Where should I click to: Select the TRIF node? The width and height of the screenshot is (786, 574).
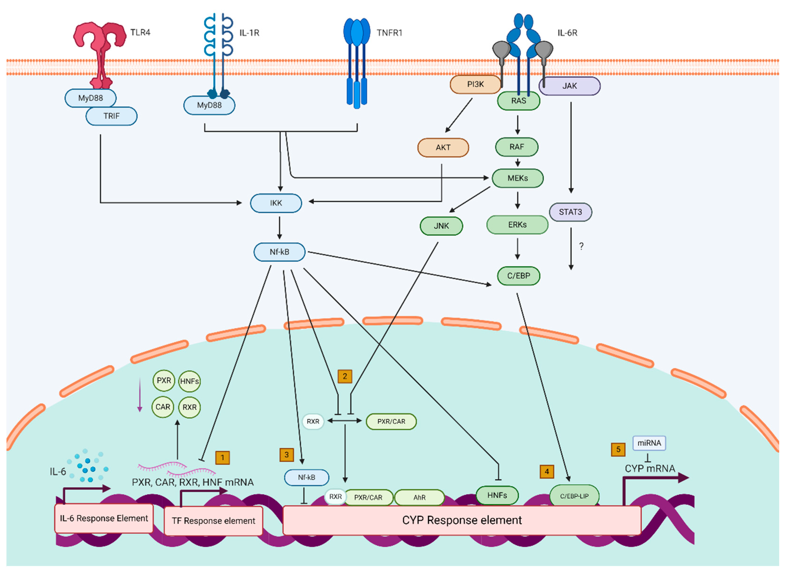tap(111, 116)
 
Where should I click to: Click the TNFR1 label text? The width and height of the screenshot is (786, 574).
tap(389, 33)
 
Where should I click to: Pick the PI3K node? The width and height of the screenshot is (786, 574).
tap(475, 84)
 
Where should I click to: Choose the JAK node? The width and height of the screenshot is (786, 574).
tap(569, 86)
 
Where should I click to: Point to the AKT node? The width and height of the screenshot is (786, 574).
tap(443, 147)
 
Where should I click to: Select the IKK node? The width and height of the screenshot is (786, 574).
tap(276, 203)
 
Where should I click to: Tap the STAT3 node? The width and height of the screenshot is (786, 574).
tap(570, 212)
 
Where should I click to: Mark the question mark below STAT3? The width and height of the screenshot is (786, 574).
tap(581, 246)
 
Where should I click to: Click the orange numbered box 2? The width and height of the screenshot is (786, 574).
tap(345, 376)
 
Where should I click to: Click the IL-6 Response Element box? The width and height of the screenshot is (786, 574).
tap(104, 518)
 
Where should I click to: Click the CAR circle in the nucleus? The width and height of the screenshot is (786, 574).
tap(162, 407)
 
